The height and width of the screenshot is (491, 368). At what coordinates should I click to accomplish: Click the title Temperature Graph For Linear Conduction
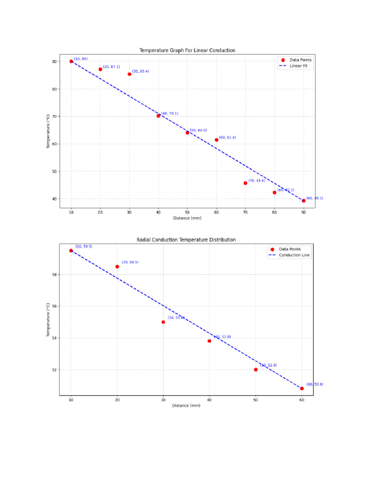click(187, 50)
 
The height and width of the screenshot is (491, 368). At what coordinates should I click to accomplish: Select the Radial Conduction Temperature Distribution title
click(186, 240)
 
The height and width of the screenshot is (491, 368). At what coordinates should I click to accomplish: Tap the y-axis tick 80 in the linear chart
click(54, 89)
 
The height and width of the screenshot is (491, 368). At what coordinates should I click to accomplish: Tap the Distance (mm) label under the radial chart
click(186, 406)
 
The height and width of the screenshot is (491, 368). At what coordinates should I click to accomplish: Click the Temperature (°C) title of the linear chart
click(48, 131)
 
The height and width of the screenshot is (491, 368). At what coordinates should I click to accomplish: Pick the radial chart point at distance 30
click(163, 322)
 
